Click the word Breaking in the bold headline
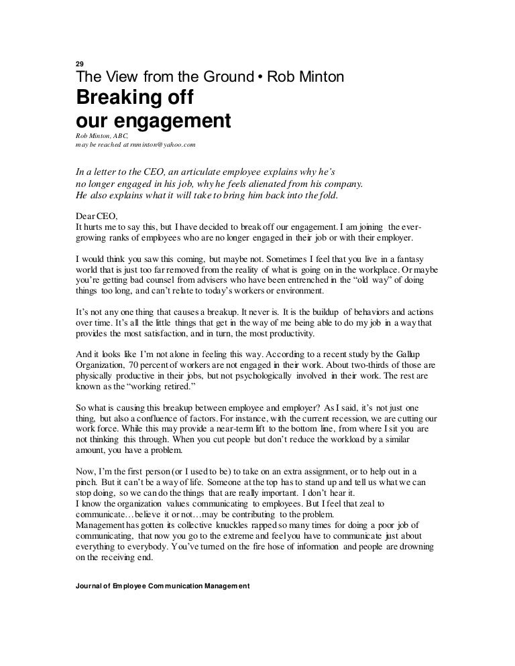(114, 98)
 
